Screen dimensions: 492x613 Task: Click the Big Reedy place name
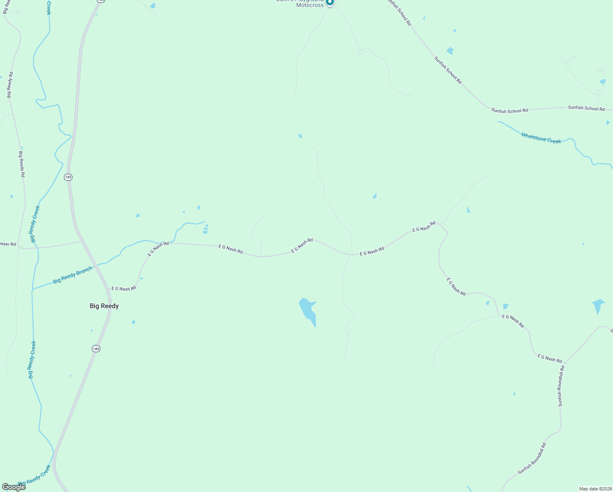[x=104, y=306]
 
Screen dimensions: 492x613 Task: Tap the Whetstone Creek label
[x=541, y=138]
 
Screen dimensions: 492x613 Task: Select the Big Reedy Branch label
[x=73, y=275]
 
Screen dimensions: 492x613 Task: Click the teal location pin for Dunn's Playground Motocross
[x=330, y=2]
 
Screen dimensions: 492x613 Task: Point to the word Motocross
[x=310, y=5]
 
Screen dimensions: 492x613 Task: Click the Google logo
[x=14, y=487]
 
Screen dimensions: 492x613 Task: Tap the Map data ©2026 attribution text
[x=595, y=489]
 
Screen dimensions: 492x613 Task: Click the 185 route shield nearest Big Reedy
[x=96, y=348]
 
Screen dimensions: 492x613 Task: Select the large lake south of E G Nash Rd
[x=308, y=311]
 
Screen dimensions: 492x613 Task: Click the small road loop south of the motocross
[x=360, y=52]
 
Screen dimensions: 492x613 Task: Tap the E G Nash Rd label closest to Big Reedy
[x=123, y=289]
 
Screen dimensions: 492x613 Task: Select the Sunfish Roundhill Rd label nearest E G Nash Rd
[x=561, y=386]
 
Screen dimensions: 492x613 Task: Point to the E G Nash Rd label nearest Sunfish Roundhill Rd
[x=549, y=358]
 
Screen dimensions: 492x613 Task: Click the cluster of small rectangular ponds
[x=206, y=229]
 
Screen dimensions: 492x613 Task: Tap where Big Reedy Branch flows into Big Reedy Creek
[x=32, y=289]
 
